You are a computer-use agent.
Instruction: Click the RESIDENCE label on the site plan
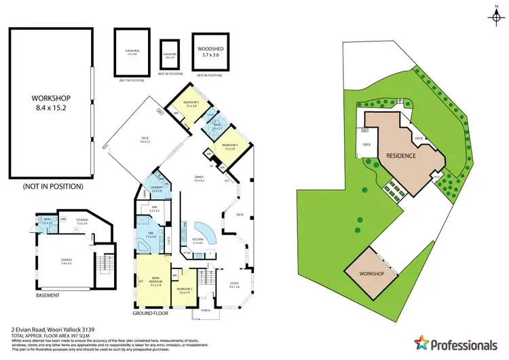401,155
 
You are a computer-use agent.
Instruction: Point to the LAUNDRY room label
156,191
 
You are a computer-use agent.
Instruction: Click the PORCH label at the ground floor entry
206,312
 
